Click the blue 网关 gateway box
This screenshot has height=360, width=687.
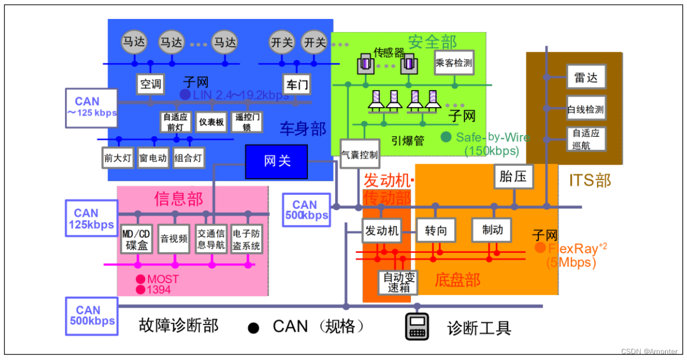point(277,162)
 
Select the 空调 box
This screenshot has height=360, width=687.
point(150,84)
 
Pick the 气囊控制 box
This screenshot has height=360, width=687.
point(359,154)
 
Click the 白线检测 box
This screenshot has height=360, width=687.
point(586,109)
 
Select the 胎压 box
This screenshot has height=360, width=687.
point(513,176)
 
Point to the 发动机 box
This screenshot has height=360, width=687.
point(381,230)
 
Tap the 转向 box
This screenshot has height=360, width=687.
point(435,230)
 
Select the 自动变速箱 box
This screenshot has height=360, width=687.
point(398,282)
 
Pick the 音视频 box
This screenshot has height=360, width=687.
point(174,239)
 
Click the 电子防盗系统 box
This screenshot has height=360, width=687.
point(246,239)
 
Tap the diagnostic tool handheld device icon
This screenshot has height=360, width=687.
point(417,326)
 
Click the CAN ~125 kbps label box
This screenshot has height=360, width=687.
point(91,107)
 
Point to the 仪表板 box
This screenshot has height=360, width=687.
point(211,122)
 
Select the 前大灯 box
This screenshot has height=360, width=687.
point(118,158)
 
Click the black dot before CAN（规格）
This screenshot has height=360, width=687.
point(253,327)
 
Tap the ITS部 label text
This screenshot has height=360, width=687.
point(589,180)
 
